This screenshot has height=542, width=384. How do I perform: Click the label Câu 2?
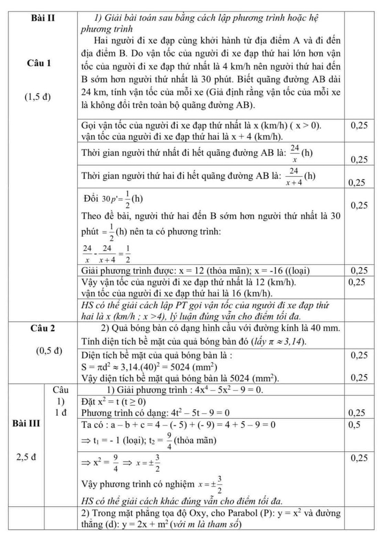pyautogui.click(x=44, y=328)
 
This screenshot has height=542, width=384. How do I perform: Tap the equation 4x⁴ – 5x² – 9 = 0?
pyautogui.click(x=228, y=390)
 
